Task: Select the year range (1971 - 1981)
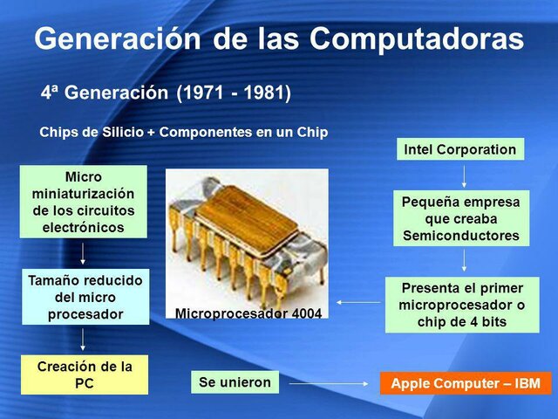(234, 92)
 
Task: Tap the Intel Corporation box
(460, 149)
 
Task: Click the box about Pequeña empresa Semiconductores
(460, 218)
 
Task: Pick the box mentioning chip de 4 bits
(462, 305)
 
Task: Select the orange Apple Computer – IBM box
(466, 383)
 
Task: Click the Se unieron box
(235, 382)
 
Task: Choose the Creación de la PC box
(85, 374)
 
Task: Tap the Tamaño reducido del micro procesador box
(85, 297)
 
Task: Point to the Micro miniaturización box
(84, 203)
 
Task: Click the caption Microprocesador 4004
(249, 313)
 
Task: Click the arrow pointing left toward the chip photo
(357, 302)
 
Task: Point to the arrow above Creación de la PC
(83, 339)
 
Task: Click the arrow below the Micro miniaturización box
(83, 253)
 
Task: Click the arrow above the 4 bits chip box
(463, 260)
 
